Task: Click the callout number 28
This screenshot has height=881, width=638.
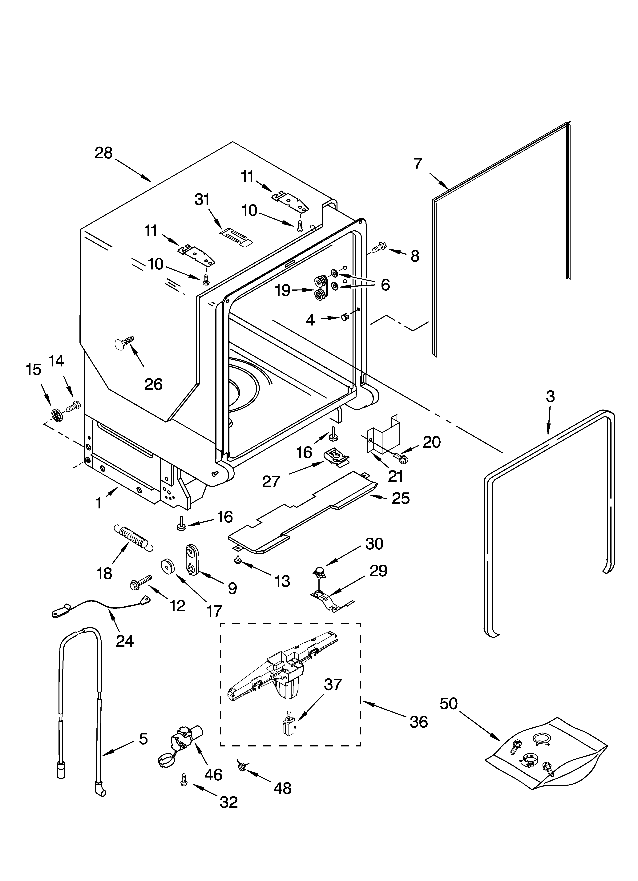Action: click(x=104, y=153)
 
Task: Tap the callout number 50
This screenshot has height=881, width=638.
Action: click(x=449, y=703)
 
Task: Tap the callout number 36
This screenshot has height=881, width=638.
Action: click(x=418, y=722)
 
